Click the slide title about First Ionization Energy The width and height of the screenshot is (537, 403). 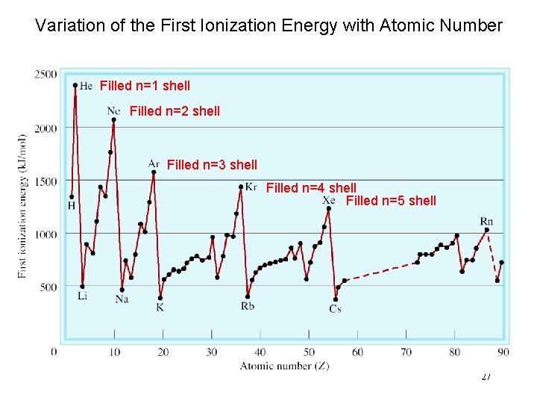tap(268, 26)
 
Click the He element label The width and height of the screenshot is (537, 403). tap(86, 86)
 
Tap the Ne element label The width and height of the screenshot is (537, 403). tap(113, 110)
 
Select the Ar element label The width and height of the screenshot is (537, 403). tap(154, 163)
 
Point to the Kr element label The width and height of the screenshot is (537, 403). tap(251, 187)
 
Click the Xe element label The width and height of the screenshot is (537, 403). tap(329, 200)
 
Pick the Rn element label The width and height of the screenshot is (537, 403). tap(486, 221)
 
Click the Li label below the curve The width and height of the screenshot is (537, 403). tap(82, 296)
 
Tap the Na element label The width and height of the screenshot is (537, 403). tap(122, 299)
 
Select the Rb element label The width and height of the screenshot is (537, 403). tap(248, 306)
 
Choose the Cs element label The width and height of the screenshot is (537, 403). tap(335, 309)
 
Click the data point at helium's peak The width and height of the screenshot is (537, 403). tap(75, 85)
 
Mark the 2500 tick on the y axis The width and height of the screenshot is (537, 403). tap(45, 74)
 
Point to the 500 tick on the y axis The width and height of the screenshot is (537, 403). tap(48, 287)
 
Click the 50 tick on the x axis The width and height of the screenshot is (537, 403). tap(309, 352)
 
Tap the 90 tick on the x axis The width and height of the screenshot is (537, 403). tap(503, 352)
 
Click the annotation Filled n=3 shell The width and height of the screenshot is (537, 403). tap(212, 165)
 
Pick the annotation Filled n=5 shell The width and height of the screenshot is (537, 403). tap(391, 200)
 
